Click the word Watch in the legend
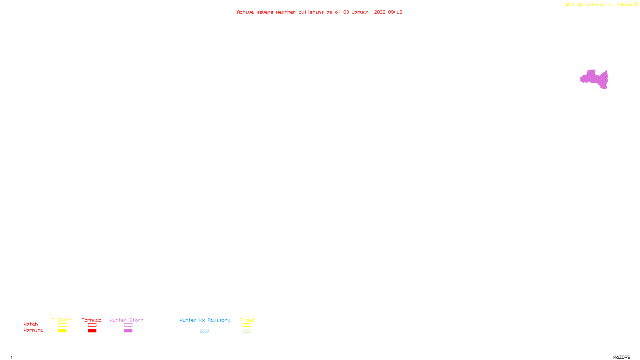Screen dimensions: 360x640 (31, 324)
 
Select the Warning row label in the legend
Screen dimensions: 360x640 (33, 330)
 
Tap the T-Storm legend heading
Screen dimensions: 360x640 (62, 320)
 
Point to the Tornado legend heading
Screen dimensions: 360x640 (92, 320)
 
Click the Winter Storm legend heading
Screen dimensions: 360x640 (126, 320)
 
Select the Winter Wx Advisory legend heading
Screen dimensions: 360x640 (205, 320)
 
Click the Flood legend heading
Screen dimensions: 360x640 (247, 320)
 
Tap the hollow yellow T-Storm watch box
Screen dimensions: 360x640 (62, 325)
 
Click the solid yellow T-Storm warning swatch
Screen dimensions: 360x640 (62, 331)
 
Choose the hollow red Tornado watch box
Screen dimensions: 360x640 (92, 325)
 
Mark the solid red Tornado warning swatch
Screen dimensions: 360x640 (92, 331)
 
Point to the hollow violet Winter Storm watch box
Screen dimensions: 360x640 (128, 325)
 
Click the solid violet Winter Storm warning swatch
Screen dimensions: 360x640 (128, 331)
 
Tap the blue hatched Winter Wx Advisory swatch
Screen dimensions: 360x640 (204, 331)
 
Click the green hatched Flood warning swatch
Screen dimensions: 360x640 (247, 331)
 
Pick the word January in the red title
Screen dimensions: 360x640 (362, 12)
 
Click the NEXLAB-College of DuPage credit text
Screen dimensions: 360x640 (599, 5)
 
